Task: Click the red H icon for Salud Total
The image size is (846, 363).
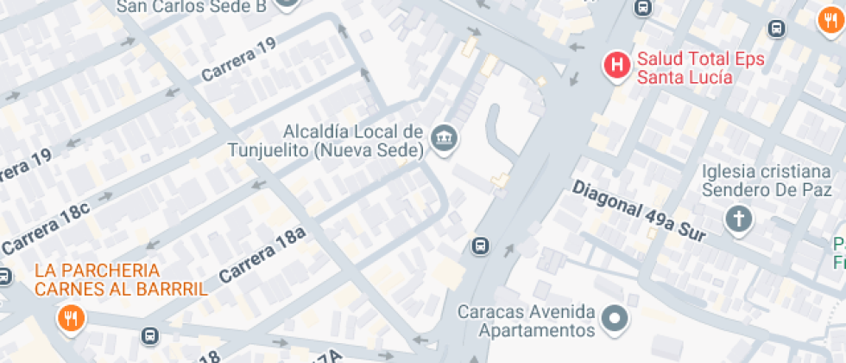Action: point(616,65)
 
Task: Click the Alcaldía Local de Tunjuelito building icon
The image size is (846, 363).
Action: point(445,137)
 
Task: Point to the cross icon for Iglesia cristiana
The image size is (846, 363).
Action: point(738,219)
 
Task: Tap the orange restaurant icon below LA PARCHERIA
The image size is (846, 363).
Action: point(70,319)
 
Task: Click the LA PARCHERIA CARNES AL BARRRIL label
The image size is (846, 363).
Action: point(121,279)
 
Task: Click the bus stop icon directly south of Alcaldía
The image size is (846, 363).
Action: point(480,246)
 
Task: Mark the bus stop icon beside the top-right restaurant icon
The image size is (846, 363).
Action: point(777,28)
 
